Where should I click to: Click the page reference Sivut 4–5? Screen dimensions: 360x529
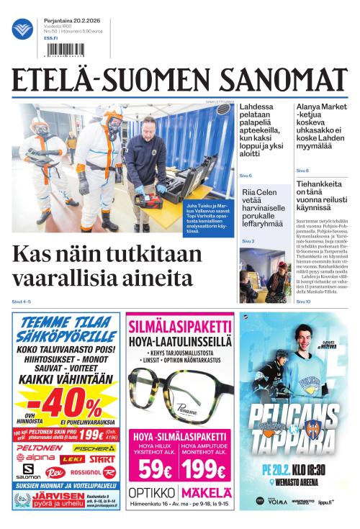pyautogui.click(x=22, y=301)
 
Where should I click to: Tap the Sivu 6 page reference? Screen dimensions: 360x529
pyautogui.click(x=246, y=175)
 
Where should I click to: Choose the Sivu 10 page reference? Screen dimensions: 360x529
pyautogui.click(x=303, y=301)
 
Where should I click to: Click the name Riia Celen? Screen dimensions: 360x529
pyautogui.click(x=260, y=192)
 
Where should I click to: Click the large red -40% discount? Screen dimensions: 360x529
pyautogui.click(x=63, y=407)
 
